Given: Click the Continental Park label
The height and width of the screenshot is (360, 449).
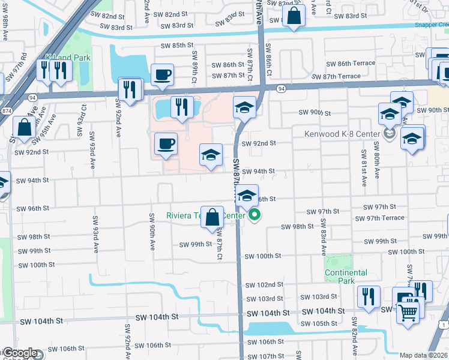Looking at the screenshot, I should pyautogui.click(x=346, y=277).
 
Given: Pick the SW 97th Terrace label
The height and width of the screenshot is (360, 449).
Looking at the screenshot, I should pyautogui.click(x=384, y=218).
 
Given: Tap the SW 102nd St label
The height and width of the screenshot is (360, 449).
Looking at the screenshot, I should pyautogui.click(x=264, y=284).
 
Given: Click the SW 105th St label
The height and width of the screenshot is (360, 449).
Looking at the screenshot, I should pyautogui.click(x=320, y=323).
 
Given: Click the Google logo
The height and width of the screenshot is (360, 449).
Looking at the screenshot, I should pyautogui.click(x=20, y=353).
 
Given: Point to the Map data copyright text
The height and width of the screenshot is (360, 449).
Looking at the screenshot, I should pyautogui.click(x=424, y=355).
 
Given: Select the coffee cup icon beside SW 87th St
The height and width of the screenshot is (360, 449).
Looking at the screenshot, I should pyautogui.click(x=163, y=74).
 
